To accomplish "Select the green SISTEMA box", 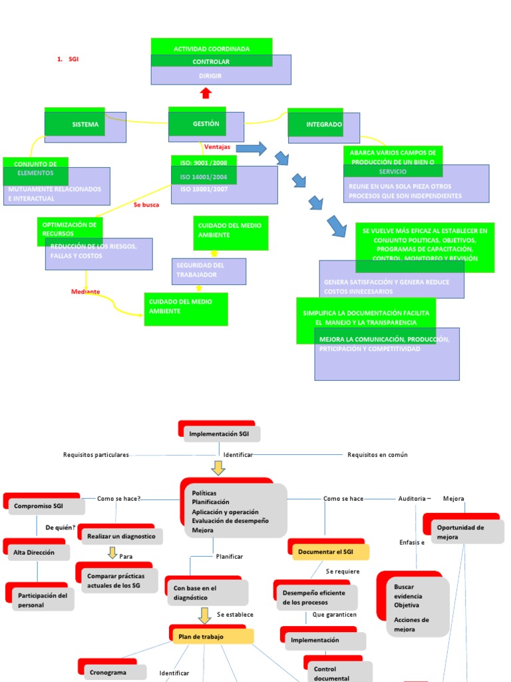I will (x=75, y=125).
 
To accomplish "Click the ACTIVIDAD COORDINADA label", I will (x=212, y=49).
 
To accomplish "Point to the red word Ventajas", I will (x=218, y=147).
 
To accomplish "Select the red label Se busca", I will (x=146, y=204).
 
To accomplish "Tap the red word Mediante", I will (x=86, y=292).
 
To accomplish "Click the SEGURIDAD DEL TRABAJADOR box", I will (x=208, y=270).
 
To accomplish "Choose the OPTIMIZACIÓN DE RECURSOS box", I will (x=69, y=229).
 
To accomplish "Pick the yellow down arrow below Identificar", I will (x=218, y=468).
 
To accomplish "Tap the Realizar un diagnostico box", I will (x=121, y=535).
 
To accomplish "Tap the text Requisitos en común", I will (x=377, y=455).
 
